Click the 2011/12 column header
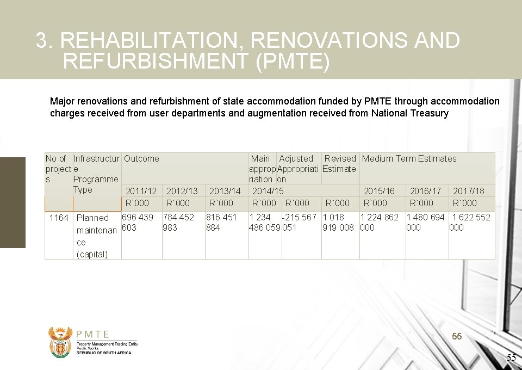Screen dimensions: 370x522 pos(141,191)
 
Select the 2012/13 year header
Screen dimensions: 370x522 pos(182,191)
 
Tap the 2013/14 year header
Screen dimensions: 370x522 pos(225,191)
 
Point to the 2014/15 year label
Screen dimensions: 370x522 pos(268,191)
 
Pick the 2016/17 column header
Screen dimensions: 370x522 pos(425,191)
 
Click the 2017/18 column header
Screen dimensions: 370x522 pos(468,191)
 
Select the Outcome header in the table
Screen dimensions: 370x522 pos(141,159)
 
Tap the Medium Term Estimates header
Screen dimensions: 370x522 pos(409,159)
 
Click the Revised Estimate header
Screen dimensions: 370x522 pos(339,163)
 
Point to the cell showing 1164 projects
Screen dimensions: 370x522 pos(59,218)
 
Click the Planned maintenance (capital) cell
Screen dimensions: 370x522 pos(96,236)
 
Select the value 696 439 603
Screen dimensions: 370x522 pos(138,222)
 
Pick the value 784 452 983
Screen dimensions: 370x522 pos(178,222)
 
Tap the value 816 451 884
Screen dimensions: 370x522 pos(221,222)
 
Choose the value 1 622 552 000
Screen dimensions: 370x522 pos(470,222)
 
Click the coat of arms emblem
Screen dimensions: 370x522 pos(60,342)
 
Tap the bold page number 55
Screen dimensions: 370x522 pos(457,337)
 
